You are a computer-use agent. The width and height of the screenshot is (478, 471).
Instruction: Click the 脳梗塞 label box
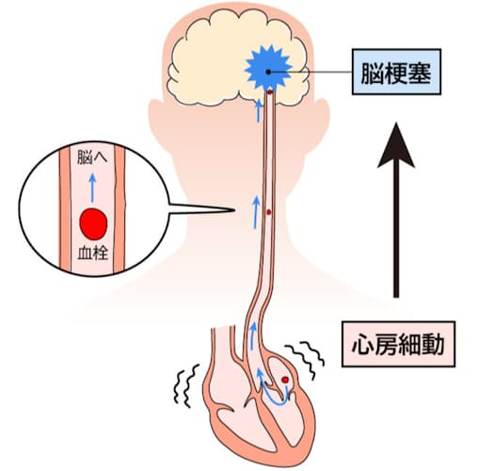396,72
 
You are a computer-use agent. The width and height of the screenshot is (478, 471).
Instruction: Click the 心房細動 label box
398,344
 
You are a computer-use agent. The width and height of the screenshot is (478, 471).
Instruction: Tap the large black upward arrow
396,210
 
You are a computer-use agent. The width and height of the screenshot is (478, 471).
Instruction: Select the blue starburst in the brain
268,69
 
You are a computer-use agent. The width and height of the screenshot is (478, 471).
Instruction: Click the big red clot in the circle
93,224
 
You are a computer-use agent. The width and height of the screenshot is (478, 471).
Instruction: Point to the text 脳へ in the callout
92,157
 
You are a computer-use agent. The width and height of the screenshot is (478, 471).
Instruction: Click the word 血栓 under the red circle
93,253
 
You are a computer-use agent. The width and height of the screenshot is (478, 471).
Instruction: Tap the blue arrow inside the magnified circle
92,187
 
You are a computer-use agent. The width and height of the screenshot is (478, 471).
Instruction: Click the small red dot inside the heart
285,380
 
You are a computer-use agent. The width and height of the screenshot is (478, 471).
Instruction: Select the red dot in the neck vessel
269,212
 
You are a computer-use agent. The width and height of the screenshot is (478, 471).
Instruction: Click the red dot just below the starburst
270,92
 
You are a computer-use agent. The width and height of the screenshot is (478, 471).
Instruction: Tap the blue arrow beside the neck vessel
256,213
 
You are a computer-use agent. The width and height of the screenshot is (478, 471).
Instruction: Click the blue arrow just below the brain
259,111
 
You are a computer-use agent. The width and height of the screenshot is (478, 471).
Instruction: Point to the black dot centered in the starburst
268,72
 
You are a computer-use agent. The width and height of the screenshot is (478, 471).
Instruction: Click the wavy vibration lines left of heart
186,385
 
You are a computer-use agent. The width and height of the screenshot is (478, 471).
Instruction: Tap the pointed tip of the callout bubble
235,209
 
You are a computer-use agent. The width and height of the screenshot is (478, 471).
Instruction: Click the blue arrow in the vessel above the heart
252,336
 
